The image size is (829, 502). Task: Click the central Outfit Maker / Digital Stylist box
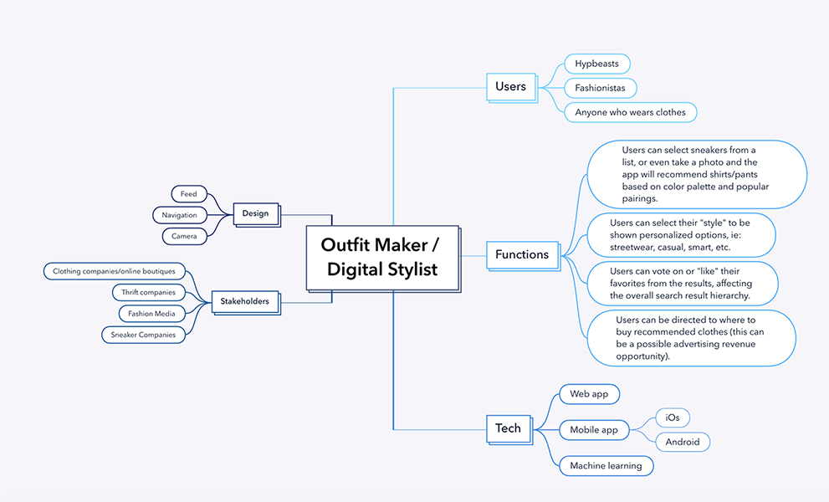pos(382,258)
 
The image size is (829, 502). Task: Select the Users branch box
pos(510,86)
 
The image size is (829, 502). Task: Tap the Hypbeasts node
pos(596,64)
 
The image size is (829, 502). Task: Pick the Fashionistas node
pos(600,88)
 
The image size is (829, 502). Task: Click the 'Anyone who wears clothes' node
pos(630,112)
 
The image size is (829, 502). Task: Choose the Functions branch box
pos(522,254)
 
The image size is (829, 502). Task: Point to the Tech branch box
pos(508,428)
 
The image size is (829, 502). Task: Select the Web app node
pos(589,394)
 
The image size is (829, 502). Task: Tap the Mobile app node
pos(594,430)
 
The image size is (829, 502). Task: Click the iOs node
pos(673,417)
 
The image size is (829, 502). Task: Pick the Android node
pos(683,442)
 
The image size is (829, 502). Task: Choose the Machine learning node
pos(606,466)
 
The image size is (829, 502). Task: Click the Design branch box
pos(255,213)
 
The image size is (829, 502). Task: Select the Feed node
pos(188,194)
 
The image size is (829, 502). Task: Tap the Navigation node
pos(180,215)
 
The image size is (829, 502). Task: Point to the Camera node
pos(184,236)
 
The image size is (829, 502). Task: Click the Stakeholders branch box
pos(244,301)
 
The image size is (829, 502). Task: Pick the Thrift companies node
pos(148,292)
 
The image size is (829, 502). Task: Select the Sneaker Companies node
pos(143,335)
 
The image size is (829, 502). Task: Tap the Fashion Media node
pos(151,314)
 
